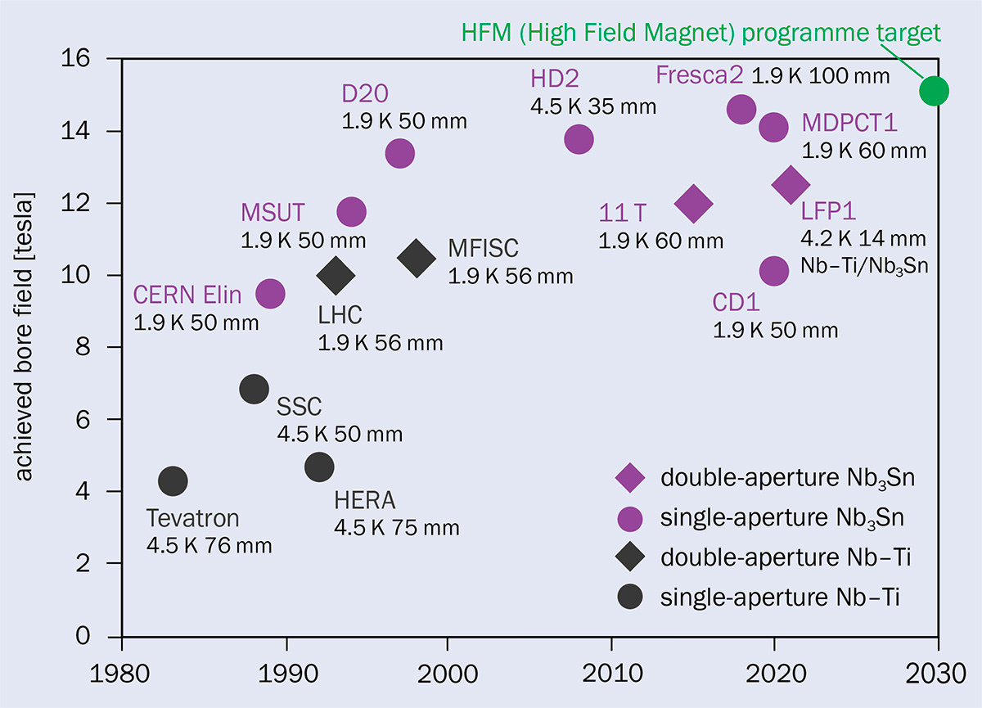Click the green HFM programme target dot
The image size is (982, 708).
[934, 90]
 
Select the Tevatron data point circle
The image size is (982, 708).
[173, 480]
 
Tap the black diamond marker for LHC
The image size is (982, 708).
[336, 275]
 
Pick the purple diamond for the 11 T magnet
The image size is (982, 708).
[693, 203]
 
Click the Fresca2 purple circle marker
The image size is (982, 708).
[741, 108]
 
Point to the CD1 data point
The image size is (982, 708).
[773, 271]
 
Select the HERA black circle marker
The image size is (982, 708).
[319, 467]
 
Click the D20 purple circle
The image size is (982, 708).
[399, 153]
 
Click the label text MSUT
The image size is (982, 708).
[273, 214]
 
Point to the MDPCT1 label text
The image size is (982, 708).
[849, 124]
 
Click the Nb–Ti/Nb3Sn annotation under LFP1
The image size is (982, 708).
[864, 266]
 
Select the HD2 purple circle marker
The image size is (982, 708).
[579, 140]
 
